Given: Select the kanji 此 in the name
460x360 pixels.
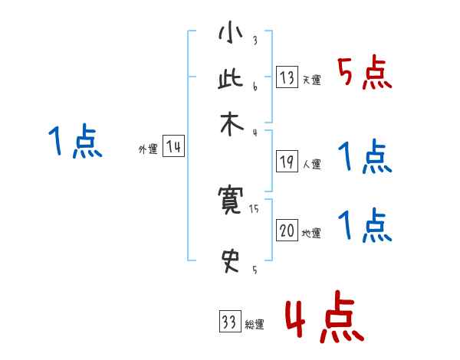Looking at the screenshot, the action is coord(231,80).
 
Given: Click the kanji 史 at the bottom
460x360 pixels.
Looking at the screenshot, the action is coord(231,260).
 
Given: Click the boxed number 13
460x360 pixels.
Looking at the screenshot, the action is coord(287,77).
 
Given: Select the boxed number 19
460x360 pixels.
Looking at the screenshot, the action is coord(287,162).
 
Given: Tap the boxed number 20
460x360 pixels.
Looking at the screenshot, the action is coord(287,231).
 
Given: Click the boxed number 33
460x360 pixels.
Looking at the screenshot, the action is coord(229,322).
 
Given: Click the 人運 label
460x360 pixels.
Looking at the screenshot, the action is coord(312,164).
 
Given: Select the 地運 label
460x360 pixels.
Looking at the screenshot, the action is coord(312,234).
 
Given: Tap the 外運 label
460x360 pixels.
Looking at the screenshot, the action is coord(148,150).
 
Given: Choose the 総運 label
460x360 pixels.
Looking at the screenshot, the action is coord(255,325).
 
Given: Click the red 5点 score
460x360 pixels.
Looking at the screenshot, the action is coord(365,74).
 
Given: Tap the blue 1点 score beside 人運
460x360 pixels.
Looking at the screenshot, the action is coord(365,157).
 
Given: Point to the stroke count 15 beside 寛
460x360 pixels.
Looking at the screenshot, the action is coord(255,208).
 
